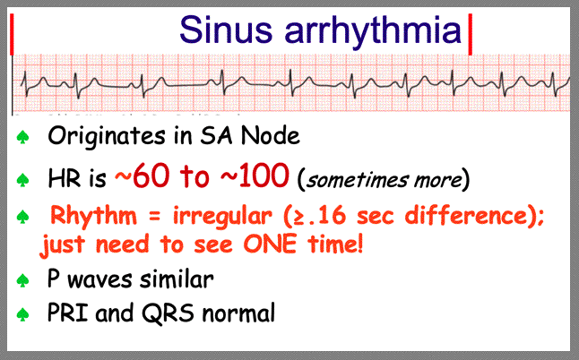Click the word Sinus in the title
click(x=225, y=30)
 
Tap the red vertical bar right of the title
click(x=470, y=34)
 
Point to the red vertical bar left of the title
click(x=12, y=34)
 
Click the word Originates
click(x=107, y=136)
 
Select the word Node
click(x=271, y=135)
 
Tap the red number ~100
click(x=255, y=176)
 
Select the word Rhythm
click(x=93, y=215)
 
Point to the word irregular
click(x=222, y=216)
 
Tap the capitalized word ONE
click(x=270, y=244)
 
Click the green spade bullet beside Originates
click(x=23, y=137)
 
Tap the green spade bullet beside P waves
click(x=23, y=280)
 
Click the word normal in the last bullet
click(x=238, y=313)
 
